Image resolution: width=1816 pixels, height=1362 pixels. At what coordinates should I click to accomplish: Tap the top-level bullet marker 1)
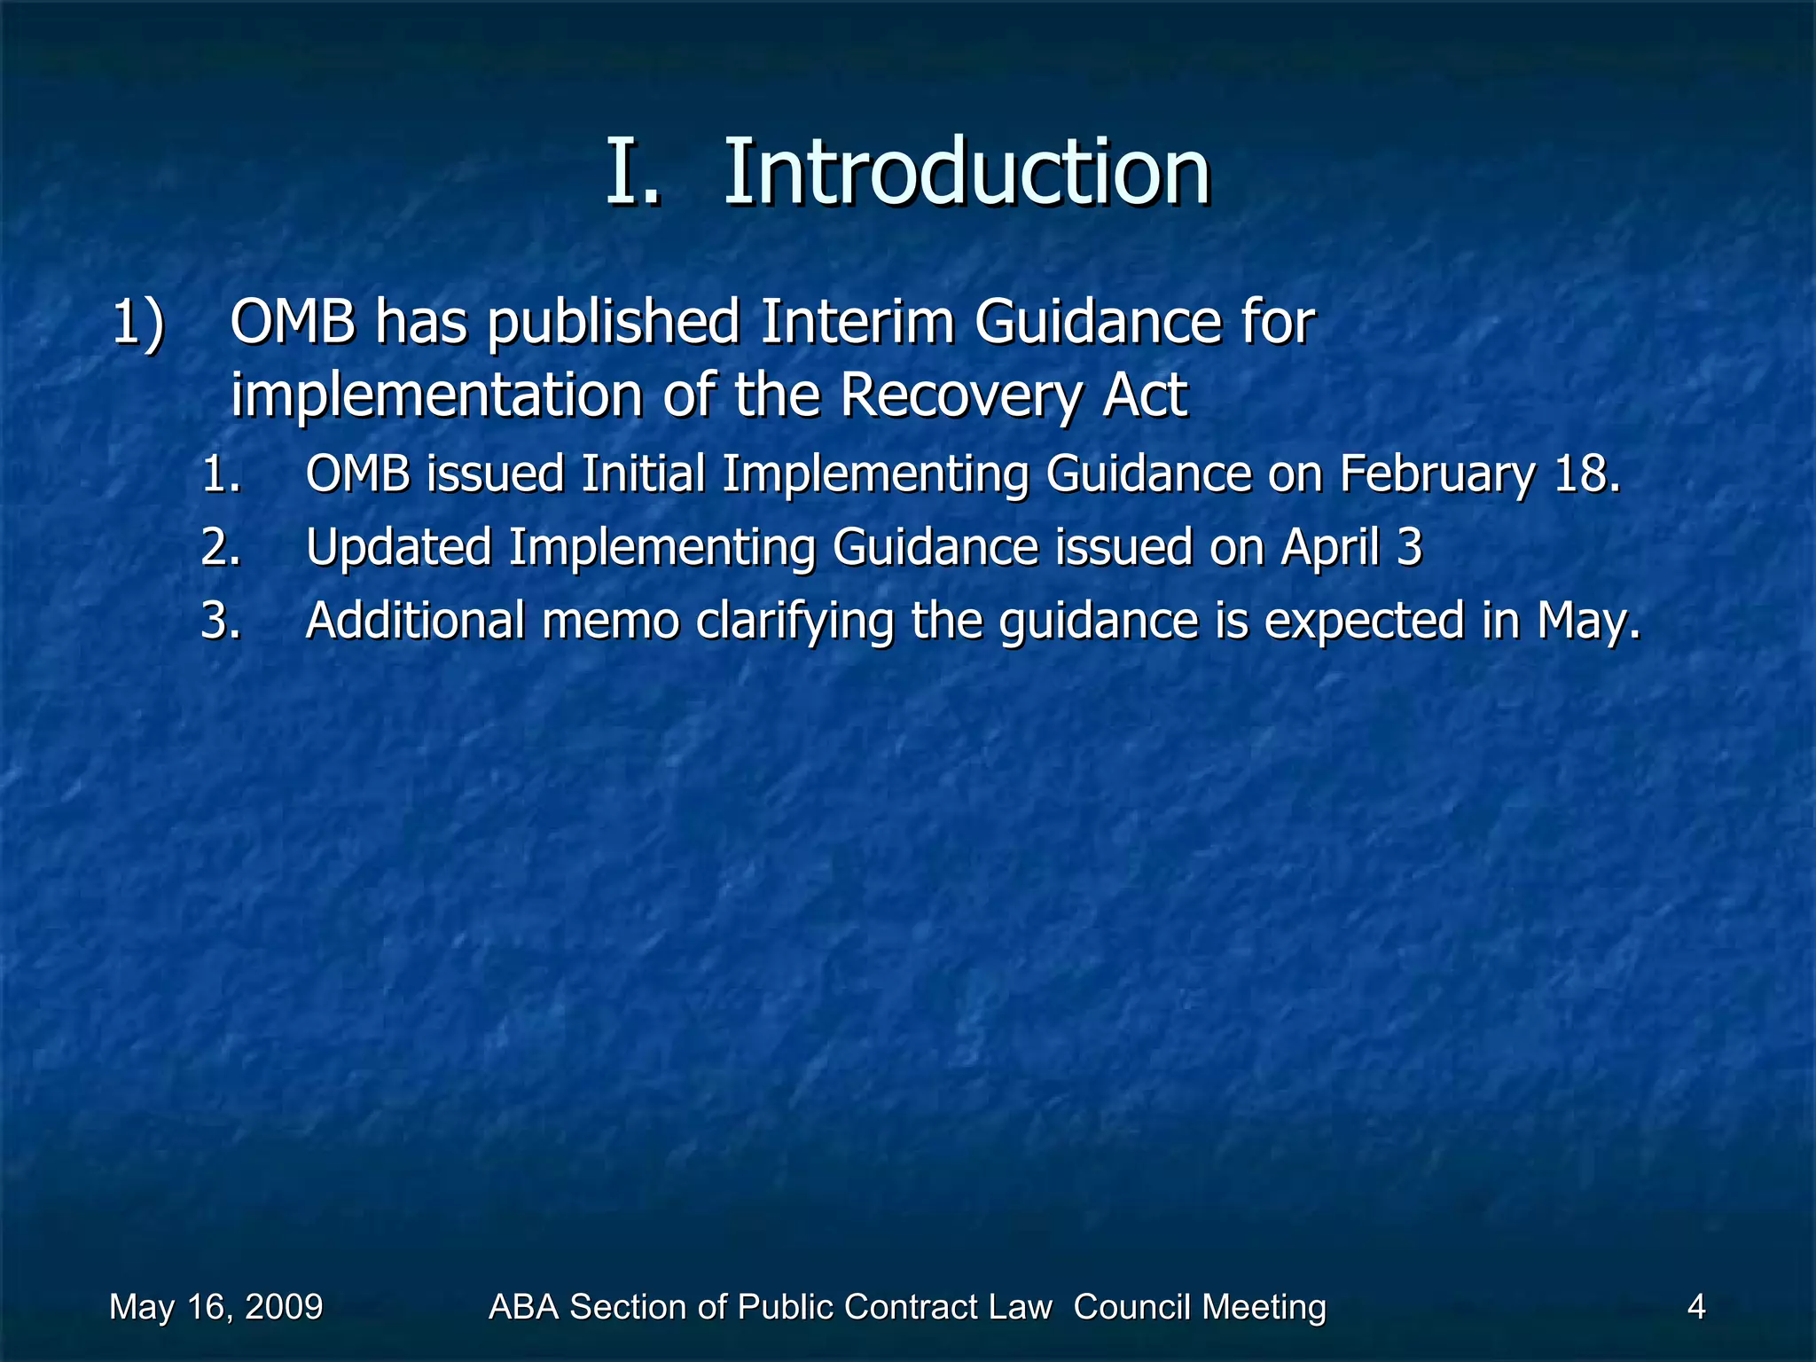point(138,321)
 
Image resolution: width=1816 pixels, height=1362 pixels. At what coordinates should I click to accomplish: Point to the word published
point(614,323)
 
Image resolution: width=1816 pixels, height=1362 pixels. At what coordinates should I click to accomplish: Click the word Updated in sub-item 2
point(398,547)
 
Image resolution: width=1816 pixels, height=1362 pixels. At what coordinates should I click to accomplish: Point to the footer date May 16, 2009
point(215,1307)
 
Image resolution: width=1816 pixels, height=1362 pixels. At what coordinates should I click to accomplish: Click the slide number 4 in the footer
point(1695,1307)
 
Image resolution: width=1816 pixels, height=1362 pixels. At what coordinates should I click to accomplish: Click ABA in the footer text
point(524,1307)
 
